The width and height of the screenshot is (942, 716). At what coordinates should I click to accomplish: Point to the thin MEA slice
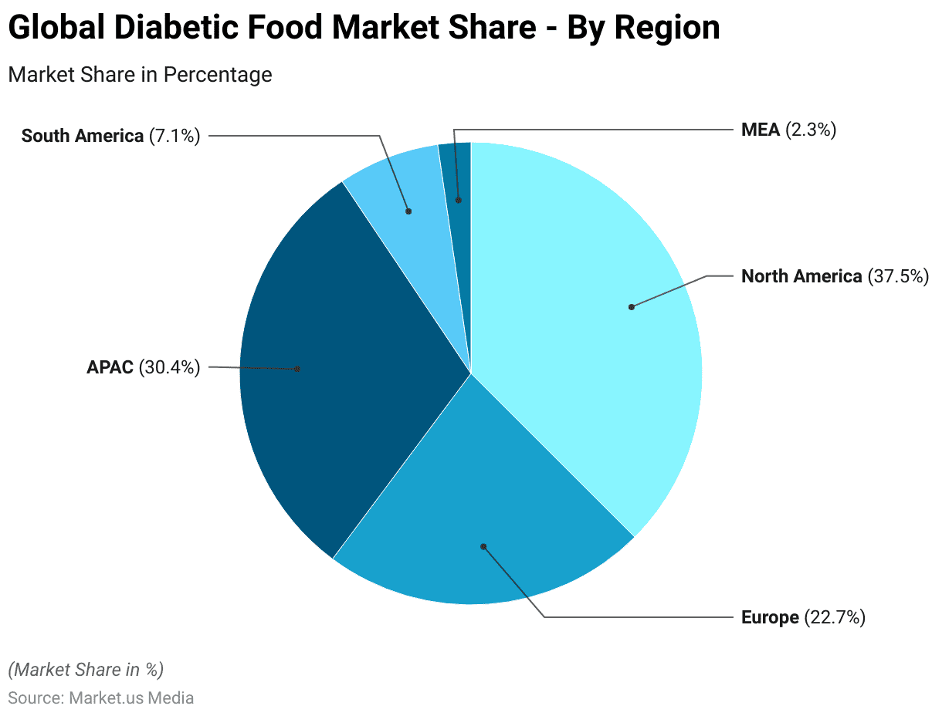tap(457, 177)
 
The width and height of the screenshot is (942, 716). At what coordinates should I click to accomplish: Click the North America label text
tap(801, 276)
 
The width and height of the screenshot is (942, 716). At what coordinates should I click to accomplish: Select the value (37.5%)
tap(898, 276)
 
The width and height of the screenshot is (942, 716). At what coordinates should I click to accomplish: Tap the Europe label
tap(769, 617)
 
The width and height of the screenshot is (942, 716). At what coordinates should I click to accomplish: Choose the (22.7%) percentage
tap(835, 617)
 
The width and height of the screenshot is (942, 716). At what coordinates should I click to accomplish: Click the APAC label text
tap(110, 367)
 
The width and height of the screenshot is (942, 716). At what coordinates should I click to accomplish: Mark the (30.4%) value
tap(169, 367)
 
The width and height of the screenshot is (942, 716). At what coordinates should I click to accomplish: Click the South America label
tap(82, 136)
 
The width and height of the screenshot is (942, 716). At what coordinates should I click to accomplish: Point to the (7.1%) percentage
tap(175, 136)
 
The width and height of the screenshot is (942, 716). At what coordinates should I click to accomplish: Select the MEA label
tap(761, 130)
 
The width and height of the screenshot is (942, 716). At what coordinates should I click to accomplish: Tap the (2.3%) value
tap(811, 130)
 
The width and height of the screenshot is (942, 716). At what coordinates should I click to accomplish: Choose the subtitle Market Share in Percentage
tap(140, 74)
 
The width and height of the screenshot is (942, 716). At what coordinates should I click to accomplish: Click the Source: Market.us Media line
tap(100, 697)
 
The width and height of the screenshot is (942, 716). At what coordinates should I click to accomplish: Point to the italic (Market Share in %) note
tap(86, 669)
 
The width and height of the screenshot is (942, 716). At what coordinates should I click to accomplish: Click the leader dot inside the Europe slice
tap(483, 546)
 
